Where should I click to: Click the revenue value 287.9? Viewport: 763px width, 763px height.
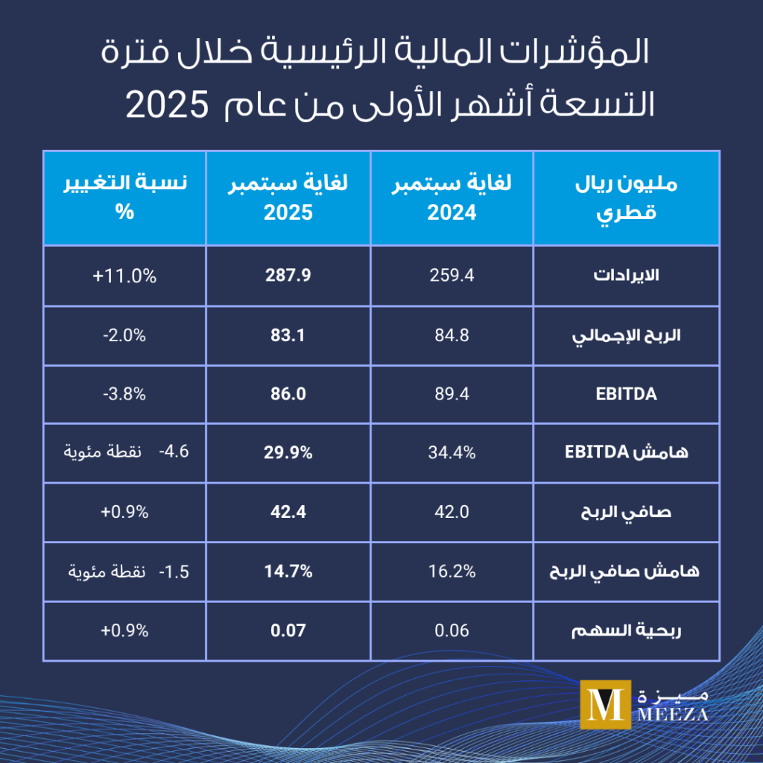[x=288, y=276]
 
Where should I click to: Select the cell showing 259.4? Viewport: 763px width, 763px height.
[x=452, y=276]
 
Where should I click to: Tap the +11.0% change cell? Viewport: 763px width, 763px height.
[x=125, y=276]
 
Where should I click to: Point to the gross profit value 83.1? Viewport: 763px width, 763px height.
[x=288, y=335]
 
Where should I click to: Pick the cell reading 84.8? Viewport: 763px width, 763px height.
[x=452, y=335]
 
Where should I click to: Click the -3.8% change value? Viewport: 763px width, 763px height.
[x=125, y=395]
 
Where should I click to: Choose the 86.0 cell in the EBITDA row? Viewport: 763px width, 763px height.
[x=288, y=395]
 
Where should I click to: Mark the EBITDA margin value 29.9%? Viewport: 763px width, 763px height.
[x=288, y=453]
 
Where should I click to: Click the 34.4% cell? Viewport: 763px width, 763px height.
[x=452, y=453]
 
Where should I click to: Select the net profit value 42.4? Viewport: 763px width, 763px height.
[x=288, y=513]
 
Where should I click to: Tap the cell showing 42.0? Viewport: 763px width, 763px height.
[x=452, y=513]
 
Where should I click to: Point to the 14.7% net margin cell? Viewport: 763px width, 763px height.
[x=288, y=572]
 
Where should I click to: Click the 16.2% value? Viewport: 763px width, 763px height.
[x=452, y=572]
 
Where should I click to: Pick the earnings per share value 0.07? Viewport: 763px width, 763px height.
[x=288, y=630]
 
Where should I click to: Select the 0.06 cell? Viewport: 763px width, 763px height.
[x=452, y=630]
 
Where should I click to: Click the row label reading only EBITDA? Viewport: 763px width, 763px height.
[x=627, y=395]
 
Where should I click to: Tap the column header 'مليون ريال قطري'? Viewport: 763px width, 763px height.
[x=627, y=197]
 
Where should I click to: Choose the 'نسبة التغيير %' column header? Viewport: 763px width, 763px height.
[x=125, y=197]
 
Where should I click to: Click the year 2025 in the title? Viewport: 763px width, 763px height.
[x=165, y=104]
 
